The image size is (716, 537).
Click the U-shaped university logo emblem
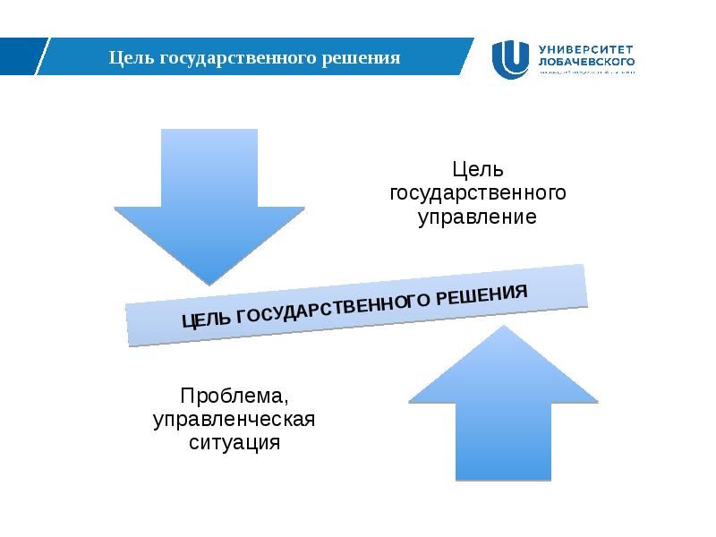pyautogui.click(x=511, y=60)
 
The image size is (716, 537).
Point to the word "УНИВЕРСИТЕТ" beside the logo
pyautogui.click(x=587, y=49)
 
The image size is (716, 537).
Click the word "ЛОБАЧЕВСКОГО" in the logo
pyautogui.click(x=587, y=63)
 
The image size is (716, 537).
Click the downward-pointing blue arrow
pyautogui.click(x=209, y=197)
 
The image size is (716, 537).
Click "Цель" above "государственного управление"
pyautogui.click(x=479, y=170)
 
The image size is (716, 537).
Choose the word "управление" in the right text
pyautogui.click(x=479, y=217)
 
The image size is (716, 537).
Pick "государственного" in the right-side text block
pyautogui.click(x=479, y=194)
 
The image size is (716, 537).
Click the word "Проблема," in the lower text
pyautogui.click(x=234, y=396)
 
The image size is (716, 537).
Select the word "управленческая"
pyautogui.click(x=234, y=419)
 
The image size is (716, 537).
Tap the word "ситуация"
pyautogui.click(x=234, y=442)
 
